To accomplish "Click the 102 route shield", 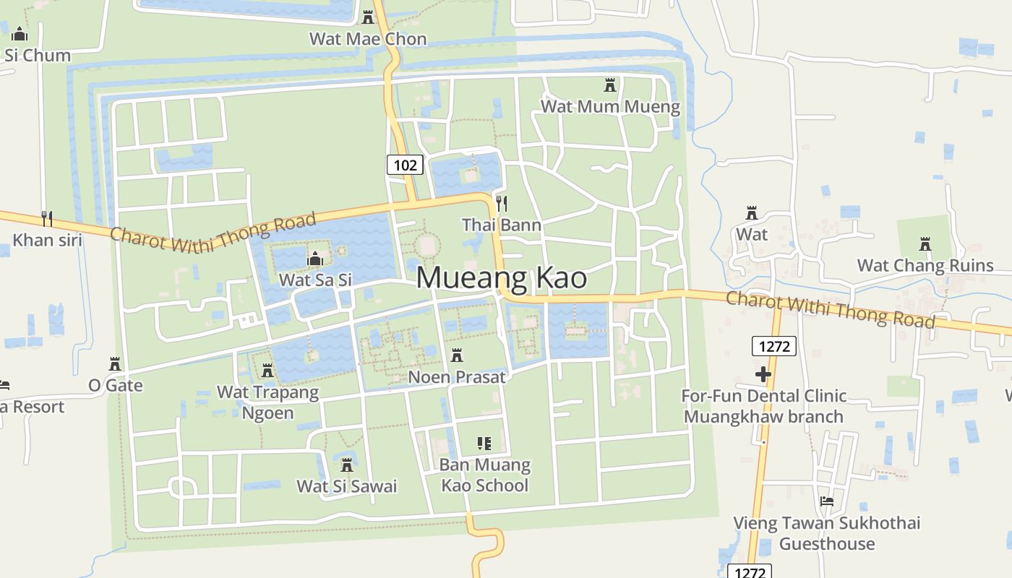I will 405,165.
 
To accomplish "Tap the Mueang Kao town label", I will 501,278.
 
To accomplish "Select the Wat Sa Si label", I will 315,280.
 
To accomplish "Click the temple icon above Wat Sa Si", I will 315,259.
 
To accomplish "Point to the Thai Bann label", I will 502,225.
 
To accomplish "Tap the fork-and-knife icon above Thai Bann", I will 502,203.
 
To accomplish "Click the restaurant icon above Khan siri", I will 47,218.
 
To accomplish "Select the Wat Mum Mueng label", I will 610,107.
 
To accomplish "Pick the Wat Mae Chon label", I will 368,39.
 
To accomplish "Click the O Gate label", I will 116,385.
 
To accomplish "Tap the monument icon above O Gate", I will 114,363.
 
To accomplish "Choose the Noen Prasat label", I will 457,377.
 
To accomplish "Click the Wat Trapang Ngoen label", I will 267,402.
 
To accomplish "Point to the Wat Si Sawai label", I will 347,486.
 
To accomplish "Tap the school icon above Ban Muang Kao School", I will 484,443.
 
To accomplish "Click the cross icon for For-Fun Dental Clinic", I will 763,374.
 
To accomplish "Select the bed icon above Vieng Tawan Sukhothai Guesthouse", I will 827,501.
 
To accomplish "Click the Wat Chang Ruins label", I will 925,265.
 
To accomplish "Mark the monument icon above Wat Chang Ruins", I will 925,244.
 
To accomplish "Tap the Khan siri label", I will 48,240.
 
